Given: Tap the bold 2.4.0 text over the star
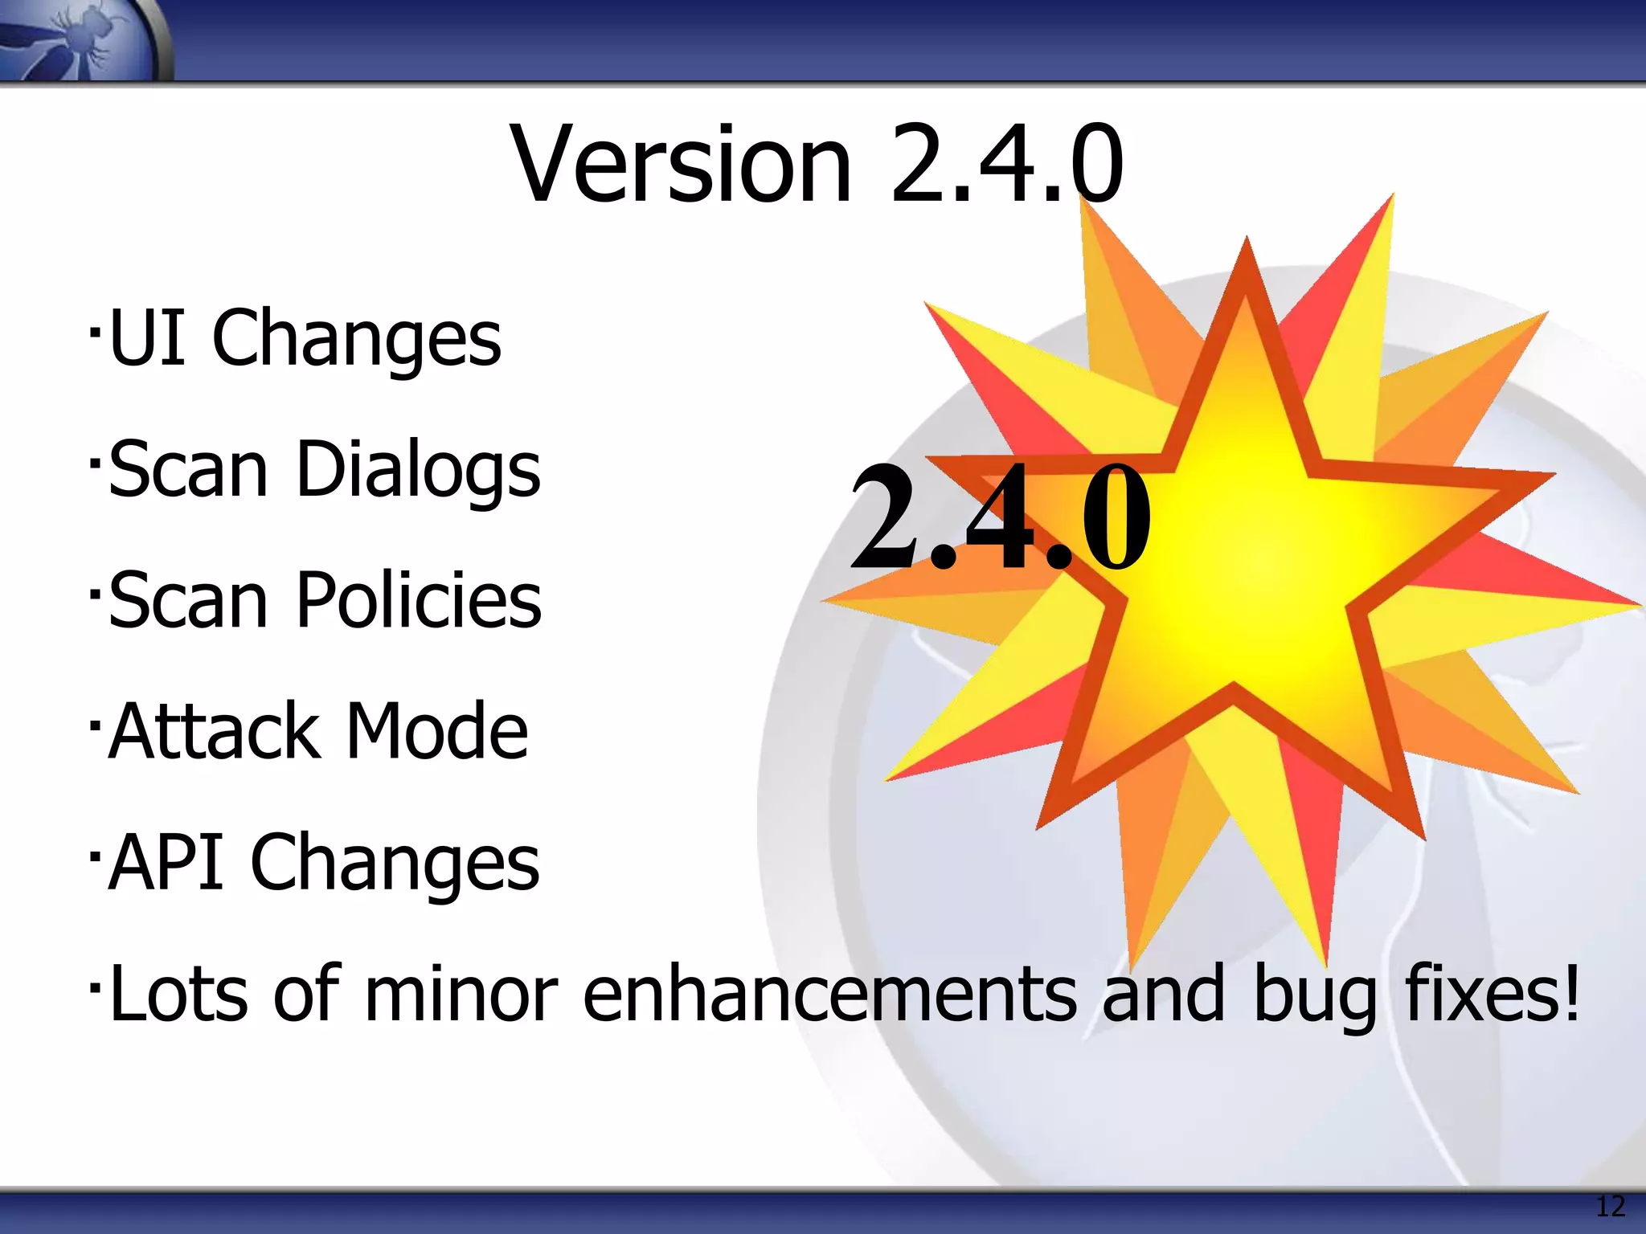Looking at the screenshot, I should [1000, 518].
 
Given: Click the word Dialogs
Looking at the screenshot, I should [418, 470].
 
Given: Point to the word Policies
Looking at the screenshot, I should [419, 600].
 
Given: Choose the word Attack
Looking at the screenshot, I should [214, 731].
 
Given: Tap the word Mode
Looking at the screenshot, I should [437, 731].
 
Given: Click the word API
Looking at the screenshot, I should [166, 862].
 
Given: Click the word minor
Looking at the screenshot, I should [461, 995].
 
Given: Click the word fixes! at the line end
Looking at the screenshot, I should [1492, 995].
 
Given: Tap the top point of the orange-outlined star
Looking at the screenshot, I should [1247, 245].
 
